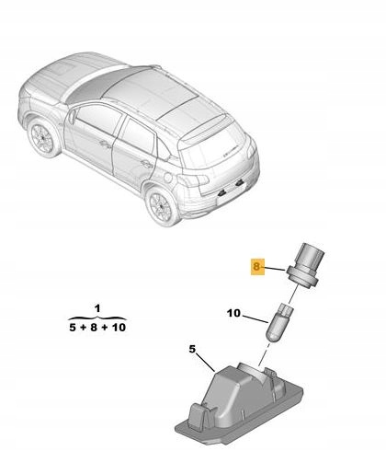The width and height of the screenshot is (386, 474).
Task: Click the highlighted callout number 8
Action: tap(256, 266)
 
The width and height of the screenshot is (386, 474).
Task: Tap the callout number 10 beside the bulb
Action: tap(234, 313)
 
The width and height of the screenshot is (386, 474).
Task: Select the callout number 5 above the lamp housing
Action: tap(192, 349)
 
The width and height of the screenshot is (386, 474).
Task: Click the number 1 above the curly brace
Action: tap(97, 308)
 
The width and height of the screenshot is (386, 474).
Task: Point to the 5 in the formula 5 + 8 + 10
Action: tap(73, 328)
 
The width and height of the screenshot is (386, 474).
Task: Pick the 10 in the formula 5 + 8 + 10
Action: tap(119, 328)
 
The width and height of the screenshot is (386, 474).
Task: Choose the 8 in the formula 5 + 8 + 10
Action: tap(94, 328)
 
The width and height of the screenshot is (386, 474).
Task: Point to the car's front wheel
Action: tap(43, 139)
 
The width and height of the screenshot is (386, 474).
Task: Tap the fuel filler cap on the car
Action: tap(167, 178)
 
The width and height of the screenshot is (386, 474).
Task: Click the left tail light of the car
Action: tap(194, 180)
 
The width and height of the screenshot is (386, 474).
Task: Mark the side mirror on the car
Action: tap(73, 117)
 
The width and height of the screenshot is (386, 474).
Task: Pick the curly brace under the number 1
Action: tap(97, 318)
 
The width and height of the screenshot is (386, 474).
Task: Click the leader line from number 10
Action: tap(256, 318)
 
